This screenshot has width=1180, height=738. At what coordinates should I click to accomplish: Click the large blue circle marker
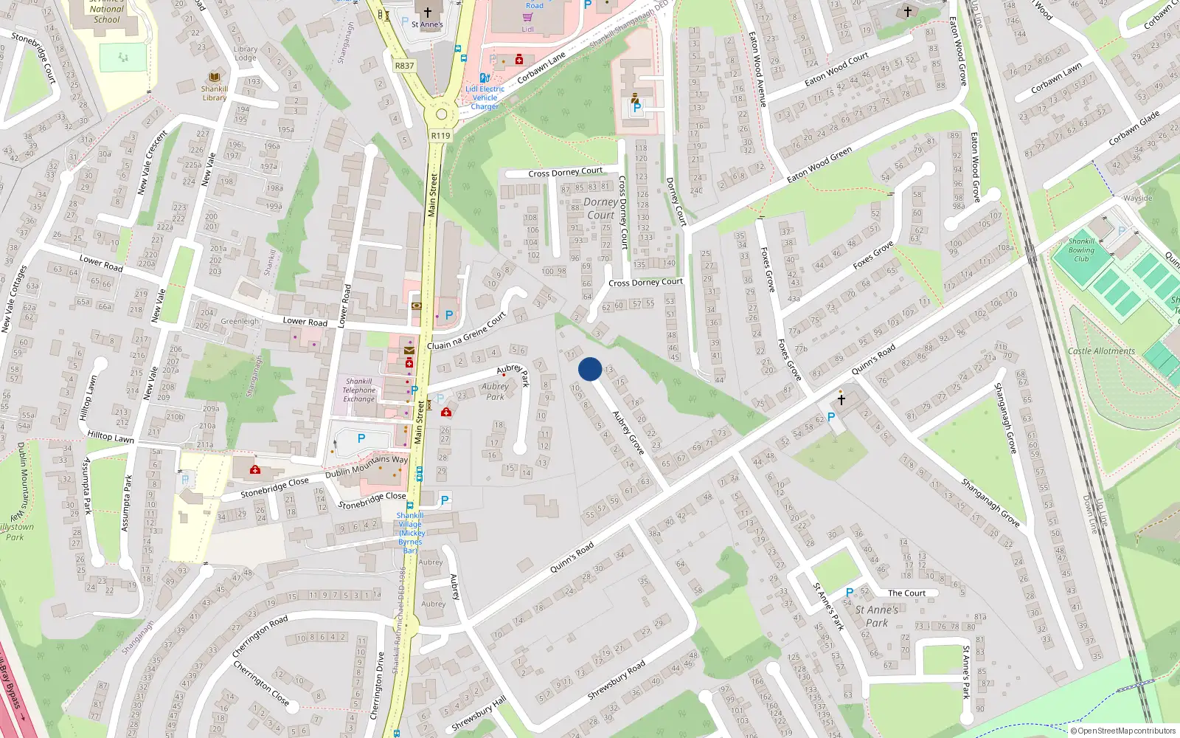590,369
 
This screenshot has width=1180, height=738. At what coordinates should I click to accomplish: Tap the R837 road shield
404,66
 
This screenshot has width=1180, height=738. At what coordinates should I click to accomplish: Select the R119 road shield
440,135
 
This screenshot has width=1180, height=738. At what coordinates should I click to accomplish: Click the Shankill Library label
215,93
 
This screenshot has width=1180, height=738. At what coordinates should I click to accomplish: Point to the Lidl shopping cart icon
527,17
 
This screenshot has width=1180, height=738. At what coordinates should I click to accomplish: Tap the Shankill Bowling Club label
1081,250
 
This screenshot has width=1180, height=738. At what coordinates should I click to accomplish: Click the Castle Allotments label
1101,351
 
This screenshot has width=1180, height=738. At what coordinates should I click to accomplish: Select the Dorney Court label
601,208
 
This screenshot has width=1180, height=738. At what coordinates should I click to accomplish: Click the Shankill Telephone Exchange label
359,390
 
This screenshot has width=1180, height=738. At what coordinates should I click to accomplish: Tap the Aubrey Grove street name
628,432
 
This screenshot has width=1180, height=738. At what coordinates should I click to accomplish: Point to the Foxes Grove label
873,255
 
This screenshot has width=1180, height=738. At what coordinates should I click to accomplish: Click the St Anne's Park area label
877,616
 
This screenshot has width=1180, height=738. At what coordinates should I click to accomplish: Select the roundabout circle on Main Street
441,114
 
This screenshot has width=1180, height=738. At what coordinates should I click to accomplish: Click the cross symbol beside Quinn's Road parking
841,400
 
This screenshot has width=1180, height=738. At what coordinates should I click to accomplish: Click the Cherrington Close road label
261,683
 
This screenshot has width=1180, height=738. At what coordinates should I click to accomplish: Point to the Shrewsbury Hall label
479,714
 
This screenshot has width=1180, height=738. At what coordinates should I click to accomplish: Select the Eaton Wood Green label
819,165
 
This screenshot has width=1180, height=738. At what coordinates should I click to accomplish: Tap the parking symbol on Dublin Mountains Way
361,439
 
